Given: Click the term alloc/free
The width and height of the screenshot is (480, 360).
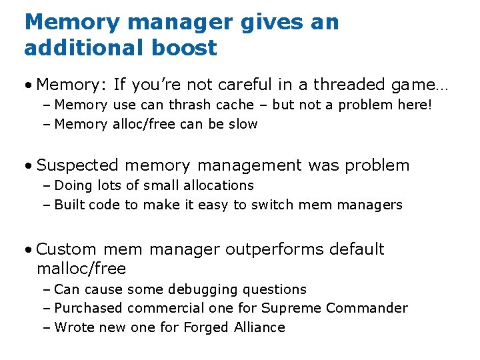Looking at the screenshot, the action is (x=144, y=124).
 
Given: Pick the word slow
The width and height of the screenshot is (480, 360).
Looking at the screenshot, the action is (x=243, y=124).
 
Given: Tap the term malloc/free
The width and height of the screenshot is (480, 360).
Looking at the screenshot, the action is (x=81, y=269).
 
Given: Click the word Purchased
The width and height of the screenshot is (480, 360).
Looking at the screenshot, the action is (x=89, y=308).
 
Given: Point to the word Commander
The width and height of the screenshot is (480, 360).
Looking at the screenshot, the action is (x=370, y=308).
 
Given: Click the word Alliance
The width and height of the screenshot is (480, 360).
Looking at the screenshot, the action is (x=259, y=327).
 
